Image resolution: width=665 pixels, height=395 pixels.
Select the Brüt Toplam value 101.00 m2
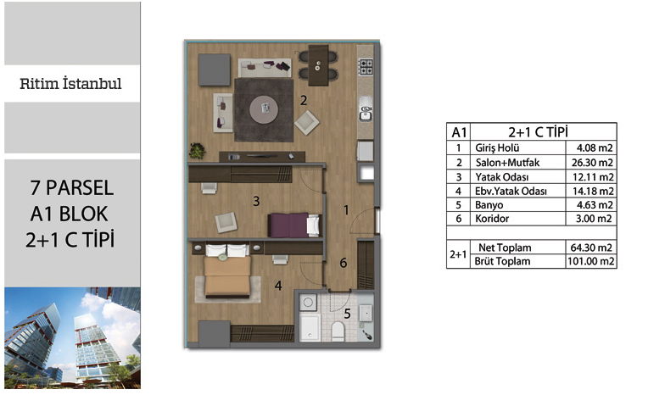590,261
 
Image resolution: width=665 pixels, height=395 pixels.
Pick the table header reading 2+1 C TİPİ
538,132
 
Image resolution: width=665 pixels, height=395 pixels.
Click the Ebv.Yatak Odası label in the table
511,192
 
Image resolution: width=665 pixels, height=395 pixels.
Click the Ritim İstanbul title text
70,83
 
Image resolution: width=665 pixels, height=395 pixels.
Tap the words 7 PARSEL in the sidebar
71,188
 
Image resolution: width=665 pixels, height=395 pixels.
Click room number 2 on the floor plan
304,100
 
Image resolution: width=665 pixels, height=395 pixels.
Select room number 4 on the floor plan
278,286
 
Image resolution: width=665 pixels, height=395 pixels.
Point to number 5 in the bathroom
348,314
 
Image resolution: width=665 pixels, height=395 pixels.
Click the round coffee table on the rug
265,108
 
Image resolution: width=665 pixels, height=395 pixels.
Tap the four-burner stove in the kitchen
366,66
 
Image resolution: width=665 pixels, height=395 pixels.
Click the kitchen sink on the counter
366,108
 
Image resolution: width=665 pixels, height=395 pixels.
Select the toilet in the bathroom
338,331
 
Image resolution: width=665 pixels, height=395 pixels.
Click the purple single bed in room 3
294,225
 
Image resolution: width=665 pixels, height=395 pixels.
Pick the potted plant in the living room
197,151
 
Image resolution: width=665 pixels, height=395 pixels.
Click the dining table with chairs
318,65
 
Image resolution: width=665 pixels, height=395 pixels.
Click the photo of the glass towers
73,337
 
